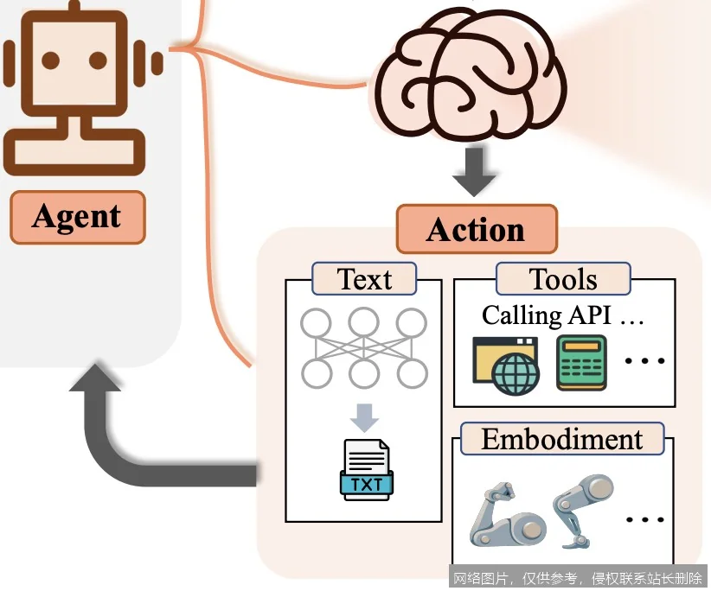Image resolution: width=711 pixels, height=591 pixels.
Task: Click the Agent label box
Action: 77,217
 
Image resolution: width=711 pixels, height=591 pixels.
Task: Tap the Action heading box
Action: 476,230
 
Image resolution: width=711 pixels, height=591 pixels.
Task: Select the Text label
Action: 364,280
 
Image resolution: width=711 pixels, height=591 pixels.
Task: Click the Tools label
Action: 563,279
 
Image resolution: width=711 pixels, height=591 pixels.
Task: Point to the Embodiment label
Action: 562,439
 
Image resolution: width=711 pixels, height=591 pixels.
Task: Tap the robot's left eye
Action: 51,60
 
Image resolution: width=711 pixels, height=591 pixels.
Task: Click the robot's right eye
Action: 98,60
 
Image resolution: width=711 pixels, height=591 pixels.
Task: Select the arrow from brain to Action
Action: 474,171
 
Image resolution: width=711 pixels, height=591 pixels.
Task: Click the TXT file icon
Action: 367,470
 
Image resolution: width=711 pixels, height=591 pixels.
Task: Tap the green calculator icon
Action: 581,363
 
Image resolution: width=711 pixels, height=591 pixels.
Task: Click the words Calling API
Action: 546,315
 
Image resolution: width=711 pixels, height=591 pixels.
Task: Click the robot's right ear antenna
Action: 157,62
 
